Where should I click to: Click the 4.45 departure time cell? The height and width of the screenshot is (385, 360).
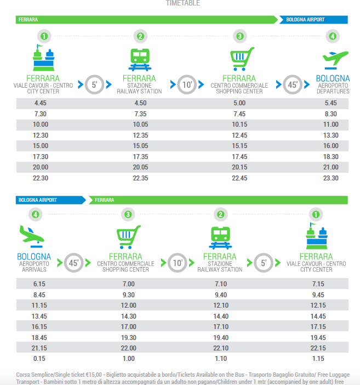tap(40, 103)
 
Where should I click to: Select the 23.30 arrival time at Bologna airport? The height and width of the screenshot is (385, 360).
tap(330, 179)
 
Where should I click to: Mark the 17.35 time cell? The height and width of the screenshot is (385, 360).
tap(140, 157)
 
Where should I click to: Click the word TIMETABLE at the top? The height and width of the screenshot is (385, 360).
tap(182, 3)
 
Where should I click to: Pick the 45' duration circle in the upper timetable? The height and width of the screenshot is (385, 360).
tap(292, 84)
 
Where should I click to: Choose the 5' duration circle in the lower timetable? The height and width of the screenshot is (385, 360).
tap(264, 263)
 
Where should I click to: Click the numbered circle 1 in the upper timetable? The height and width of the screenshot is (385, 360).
tap(44, 37)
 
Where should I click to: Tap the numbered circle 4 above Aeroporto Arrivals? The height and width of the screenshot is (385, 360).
tap(36, 214)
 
